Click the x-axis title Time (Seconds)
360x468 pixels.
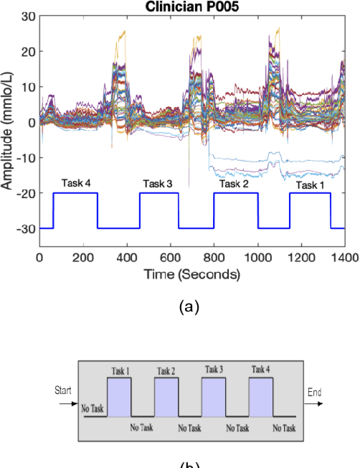191,275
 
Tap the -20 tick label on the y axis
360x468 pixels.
25,193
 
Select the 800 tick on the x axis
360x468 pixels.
214,258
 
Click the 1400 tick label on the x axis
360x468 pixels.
344,258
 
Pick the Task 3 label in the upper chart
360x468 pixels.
157,184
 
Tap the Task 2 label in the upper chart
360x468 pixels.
234,184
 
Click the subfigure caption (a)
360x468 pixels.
188,307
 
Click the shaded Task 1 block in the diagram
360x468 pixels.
119,396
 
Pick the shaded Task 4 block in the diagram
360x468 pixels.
261,396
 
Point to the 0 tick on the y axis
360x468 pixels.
32,123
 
